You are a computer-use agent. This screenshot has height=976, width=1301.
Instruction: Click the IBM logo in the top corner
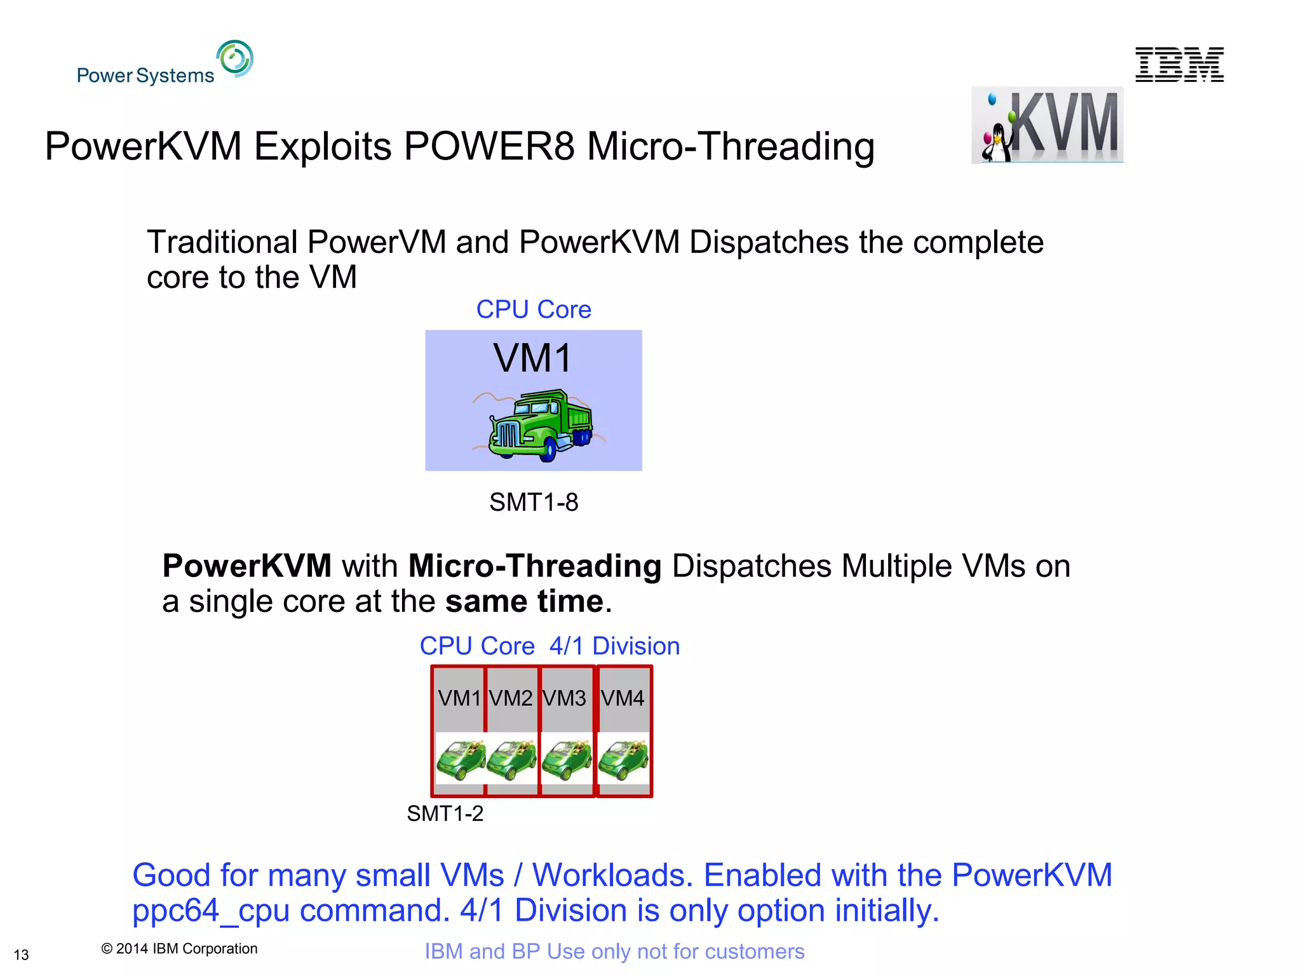pyautogui.click(x=1179, y=64)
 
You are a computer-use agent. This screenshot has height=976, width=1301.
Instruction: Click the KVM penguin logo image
pyautogui.click(x=1047, y=125)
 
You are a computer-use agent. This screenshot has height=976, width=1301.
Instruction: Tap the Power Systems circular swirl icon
pyautogui.click(x=235, y=58)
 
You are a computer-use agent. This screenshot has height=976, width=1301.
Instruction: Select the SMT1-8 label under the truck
pyautogui.click(x=534, y=503)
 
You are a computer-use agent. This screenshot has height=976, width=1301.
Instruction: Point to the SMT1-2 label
pyautogui.click(x=445, y=813)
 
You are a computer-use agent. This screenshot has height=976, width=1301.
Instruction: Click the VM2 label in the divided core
pyautogui.click(x=511, y=698)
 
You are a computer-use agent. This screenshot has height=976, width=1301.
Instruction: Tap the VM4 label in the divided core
pyautogui.click(x=623, y=698)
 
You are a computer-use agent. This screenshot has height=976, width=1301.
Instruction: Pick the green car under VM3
pyautogui.click(x=567, y=759)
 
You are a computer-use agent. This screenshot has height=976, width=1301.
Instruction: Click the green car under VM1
pyautogui.click(x=461, y=759)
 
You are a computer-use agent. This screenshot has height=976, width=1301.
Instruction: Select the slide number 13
pyautogui.click(x=21, y=955)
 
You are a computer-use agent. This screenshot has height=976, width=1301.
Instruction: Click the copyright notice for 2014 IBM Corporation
pyautogui.click(x=179, y=949)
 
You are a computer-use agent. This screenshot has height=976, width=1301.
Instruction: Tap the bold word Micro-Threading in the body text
pyautogui.click(x=535, y=566)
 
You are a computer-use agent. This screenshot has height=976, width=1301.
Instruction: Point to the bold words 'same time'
pyautogui.click(x=524, y=601)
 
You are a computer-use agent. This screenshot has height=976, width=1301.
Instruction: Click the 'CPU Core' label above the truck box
pyautogui.click(x=534, y=309)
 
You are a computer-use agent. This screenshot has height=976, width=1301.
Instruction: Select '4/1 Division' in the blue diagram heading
pyautogui.click(x=614, y=646)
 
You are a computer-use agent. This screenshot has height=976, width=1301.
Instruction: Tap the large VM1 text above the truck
pyautogui.click(x=532, y=358)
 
